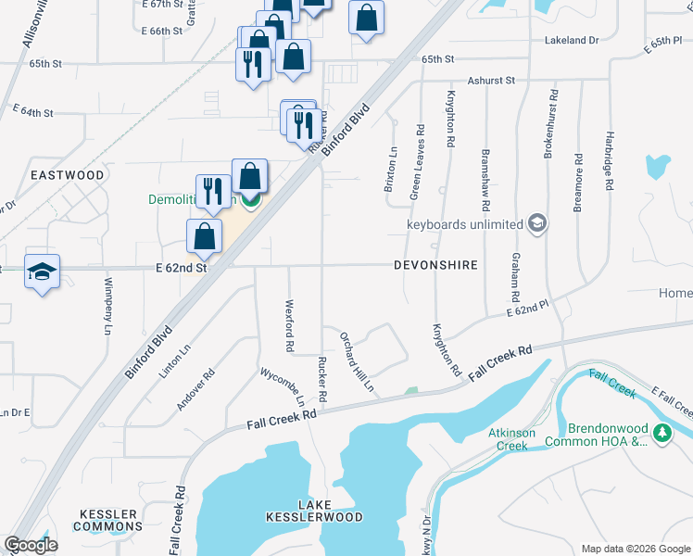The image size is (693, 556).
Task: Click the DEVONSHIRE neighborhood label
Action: click(x=435, y=265)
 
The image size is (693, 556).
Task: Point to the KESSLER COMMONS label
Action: click(x=109, y=520)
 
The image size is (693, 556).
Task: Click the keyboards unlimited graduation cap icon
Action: click(x=536, y=223)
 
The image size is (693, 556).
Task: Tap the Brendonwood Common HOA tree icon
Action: click(x=661, y=433)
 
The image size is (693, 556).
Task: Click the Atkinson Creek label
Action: click(x=509, y=439)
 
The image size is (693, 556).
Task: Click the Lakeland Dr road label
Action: click(x=573, y=41)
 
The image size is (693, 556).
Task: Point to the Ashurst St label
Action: click(x=491, y=81)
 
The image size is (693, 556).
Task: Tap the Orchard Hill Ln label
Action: click(x=357, y=360)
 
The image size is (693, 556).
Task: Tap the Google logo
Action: click(x=31, y=545)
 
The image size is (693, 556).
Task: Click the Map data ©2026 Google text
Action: click(x=635, y=549)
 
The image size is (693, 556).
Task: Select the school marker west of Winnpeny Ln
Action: click(x=43, y=271)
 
